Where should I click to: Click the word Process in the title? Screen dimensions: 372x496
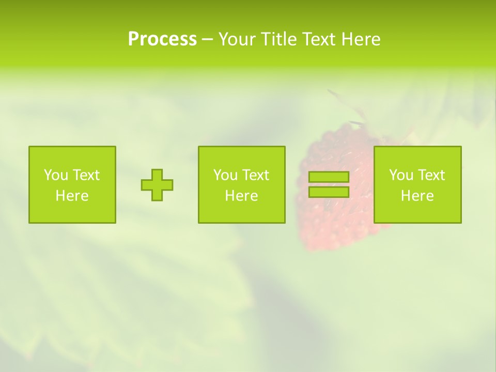click(x=162, y=39)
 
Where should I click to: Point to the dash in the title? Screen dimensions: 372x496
click(x=207, y=40)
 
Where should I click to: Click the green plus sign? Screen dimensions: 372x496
click(x=157, y=185)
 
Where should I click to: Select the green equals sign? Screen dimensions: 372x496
click(x=329, y=184)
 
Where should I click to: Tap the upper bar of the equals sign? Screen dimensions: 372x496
click(x=329, y=177)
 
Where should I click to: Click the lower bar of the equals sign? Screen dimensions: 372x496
click(x=329, y=192)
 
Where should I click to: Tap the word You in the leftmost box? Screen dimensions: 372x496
click(x=56, y=175)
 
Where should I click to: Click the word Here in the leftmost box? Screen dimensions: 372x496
click(x=72, y=196)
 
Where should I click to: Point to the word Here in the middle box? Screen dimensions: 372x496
click(x=241, y=196)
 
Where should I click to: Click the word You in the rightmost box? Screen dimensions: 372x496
click(x=401, y=175)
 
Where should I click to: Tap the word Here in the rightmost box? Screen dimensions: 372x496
click(x=417, y=196)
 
